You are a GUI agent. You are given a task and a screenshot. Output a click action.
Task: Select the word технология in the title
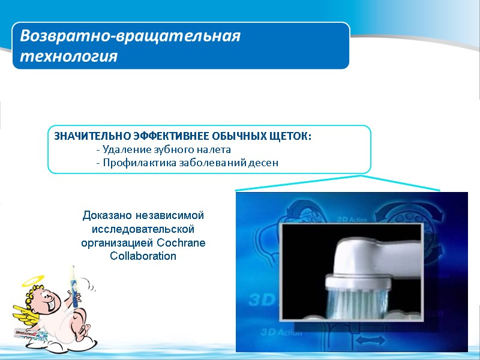[x=69, y=56]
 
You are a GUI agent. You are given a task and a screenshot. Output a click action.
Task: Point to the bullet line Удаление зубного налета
[x=163, y=149]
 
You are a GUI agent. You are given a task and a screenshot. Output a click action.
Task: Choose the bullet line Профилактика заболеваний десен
[x=187, y=163]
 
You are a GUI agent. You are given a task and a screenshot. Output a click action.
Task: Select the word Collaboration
[x=143, y=256]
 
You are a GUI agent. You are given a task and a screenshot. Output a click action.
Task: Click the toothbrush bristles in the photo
[x=353, y=297]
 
